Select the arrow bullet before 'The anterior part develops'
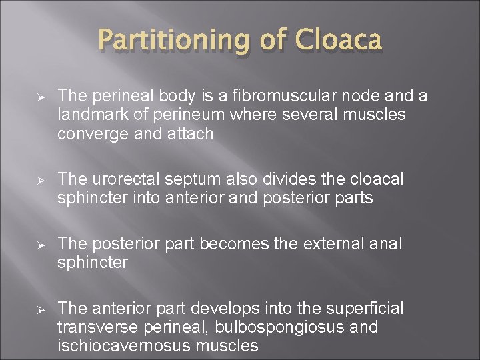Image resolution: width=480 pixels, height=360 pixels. point(39,309)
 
